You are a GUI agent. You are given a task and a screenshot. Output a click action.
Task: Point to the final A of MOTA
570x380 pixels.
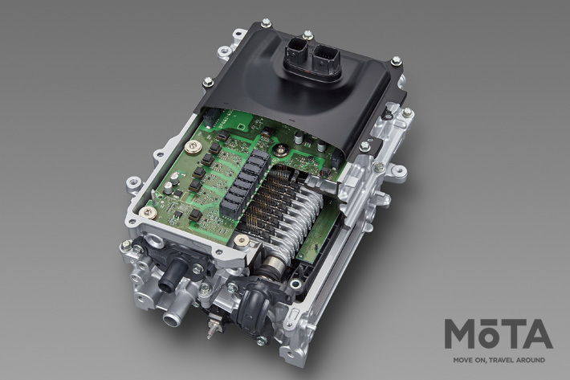click(538, 334)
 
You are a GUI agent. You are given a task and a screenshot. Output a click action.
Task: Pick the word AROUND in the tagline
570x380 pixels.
click(531, 360)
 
